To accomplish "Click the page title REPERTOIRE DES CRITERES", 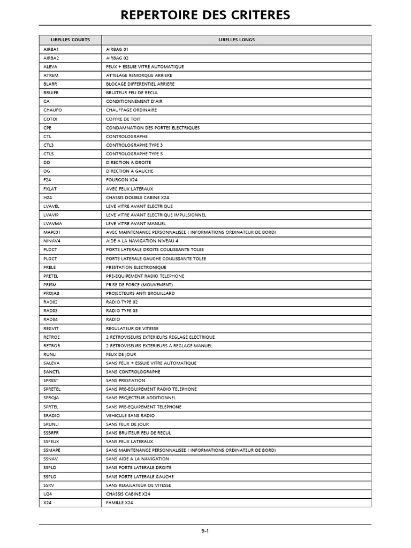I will [205, 15].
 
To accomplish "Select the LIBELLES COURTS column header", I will [70, 40].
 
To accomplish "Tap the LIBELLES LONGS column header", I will [236, 40].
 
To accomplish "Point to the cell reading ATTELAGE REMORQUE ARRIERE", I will [139, 75].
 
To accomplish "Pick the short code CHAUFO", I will [52, 110].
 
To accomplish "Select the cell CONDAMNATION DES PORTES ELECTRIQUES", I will [153, 128].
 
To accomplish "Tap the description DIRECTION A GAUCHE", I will [130, 171].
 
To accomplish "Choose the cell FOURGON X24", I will [121, 180].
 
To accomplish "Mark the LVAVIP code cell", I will [51, 215].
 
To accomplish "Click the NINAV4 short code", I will [52, 241].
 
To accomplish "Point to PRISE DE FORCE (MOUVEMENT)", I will [139, 285].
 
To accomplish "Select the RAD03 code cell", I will [50, 311].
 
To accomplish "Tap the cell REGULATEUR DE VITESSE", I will [132, 328].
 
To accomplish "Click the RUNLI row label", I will [50, 354].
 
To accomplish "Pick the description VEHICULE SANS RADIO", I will [130, 415].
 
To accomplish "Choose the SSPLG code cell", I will [50, 476].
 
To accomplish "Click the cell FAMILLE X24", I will [119, 503].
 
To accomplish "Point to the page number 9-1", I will [205, 531].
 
